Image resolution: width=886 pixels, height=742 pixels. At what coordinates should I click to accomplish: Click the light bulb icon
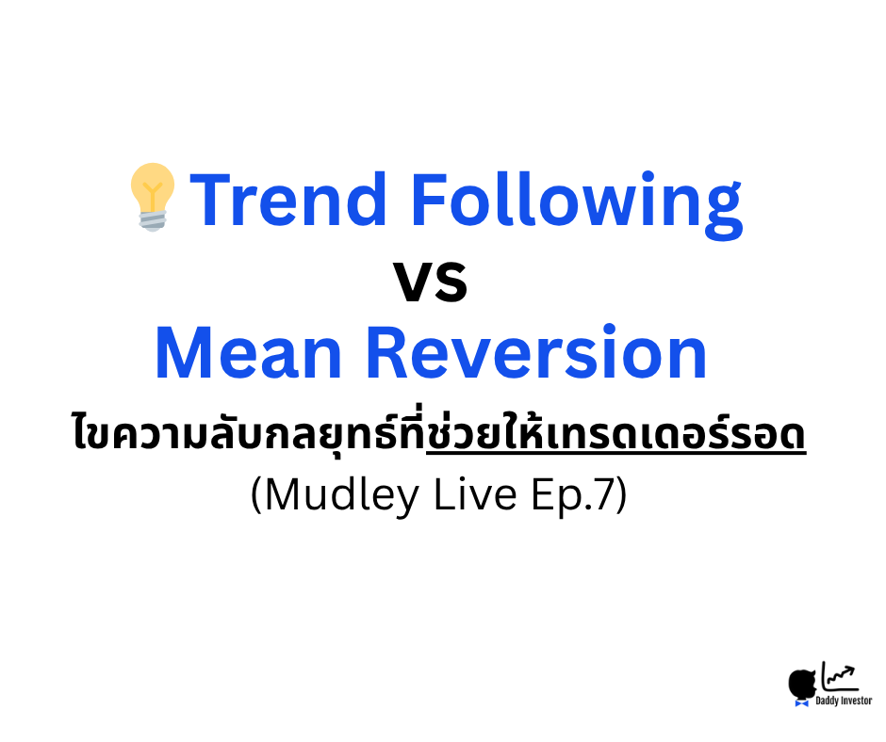(153, 195)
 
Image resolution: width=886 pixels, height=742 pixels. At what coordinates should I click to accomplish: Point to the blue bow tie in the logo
(802, 702)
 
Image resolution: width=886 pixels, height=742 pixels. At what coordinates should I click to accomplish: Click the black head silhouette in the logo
(802, 683)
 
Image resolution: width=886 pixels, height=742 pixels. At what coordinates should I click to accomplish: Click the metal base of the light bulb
(153, 220)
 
